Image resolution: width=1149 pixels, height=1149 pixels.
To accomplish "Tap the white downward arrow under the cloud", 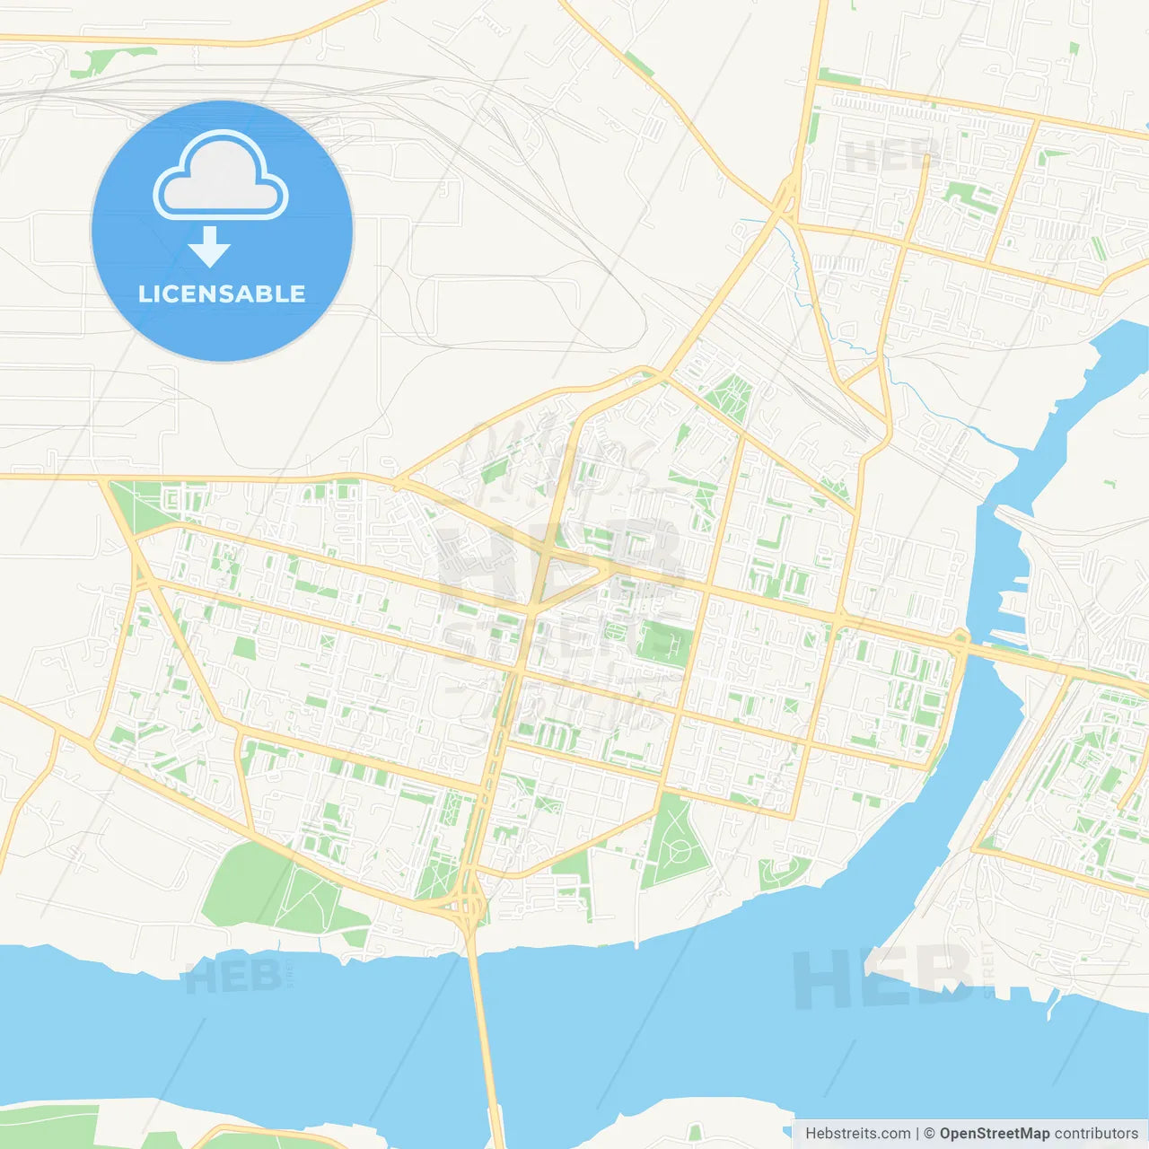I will pos(209,247).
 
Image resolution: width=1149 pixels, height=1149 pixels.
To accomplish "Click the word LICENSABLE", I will pos(222,294).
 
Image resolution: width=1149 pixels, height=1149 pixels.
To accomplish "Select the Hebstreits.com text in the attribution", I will pos(857,1134).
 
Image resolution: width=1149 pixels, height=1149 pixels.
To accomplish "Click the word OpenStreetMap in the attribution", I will pos(994,1134).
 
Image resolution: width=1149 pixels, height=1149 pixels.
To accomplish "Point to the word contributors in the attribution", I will pos(1096,1134).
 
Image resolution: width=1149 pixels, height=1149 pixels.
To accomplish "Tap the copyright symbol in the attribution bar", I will pos(929,1134).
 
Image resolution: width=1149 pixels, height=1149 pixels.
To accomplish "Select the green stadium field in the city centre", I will pos(665,643).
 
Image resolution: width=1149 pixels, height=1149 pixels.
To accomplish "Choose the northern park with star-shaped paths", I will pos(729,398).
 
